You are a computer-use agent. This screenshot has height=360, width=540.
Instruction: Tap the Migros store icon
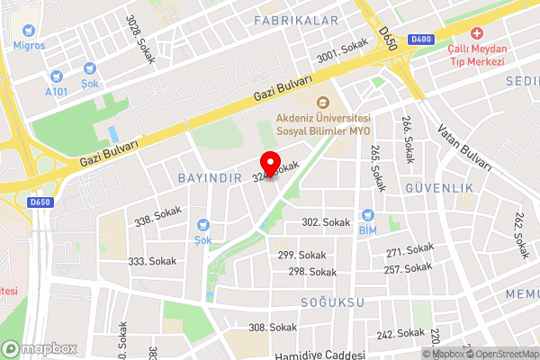click(x=22, y=29)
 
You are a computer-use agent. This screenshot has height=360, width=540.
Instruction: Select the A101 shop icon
click(x=58, y=77)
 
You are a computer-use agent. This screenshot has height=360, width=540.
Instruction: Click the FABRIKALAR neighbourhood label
click(x=296, y=20)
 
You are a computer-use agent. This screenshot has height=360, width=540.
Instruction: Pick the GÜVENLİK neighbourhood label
click(x=439, y=189)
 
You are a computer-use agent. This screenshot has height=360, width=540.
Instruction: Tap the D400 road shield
click(x=419, y=40)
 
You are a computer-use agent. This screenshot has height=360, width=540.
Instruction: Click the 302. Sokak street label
click(x=325, y=222)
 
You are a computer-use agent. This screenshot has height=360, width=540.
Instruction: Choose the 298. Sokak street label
click(x=312, y=272)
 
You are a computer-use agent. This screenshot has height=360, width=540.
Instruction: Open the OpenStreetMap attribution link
click(x=501, y=354)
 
